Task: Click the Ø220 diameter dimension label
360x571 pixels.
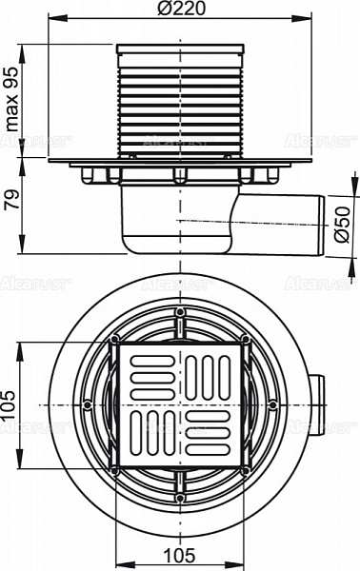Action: pyautogui.click(x=179, y=9)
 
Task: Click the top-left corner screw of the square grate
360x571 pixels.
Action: pyautogui.click(x=114, y=340)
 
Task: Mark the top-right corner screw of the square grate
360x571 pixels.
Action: pyautogui.click(x=245, y=340)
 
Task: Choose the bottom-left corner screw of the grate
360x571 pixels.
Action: pyautogui.click(x=114, y=470)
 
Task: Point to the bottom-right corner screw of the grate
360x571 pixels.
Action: pyautogui.click(x=245, y=470)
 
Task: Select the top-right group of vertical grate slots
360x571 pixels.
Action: pyautogui.click(x=209, y=374)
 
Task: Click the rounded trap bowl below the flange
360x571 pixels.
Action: pyautogui.click(x=162, y=228)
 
